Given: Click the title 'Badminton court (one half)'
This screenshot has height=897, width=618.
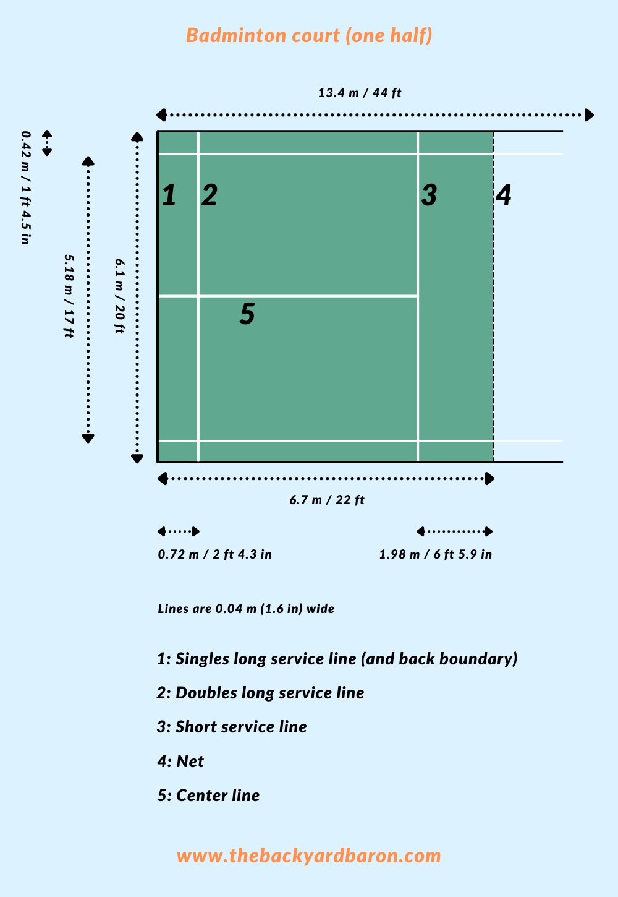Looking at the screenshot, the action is (x=309, y=36).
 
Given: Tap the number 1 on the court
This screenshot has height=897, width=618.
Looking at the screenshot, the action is (x=169, y=195).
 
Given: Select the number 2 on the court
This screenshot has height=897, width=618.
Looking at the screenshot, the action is (x=210, y=195).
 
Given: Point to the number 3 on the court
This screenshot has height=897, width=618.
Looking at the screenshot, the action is (x=429, y=195).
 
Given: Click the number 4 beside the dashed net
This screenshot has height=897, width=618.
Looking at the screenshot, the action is (x=504, y=195).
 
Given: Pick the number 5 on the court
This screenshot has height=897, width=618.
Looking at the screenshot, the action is (x=247, y=313).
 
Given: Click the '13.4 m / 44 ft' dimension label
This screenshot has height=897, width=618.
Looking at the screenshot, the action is (x=360, y=93).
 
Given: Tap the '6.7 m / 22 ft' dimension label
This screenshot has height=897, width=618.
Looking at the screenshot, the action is (x=327, y=500).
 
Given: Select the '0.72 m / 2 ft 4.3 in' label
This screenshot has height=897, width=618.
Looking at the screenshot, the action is (x=215, y=554).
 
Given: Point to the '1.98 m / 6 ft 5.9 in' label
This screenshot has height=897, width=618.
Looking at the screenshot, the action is (x=436, y=554).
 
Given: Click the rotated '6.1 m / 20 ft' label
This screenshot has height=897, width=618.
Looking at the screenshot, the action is (x=120, y=296).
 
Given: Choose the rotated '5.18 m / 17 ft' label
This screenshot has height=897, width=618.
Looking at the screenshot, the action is (x=69, y=296).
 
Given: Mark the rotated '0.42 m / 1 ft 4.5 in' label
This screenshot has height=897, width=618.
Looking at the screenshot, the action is (x=26, y=187).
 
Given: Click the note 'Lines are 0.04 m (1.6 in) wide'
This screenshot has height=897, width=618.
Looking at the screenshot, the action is (x=246, y=609).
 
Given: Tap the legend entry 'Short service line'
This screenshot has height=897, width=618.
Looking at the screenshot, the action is (x=241, y=727).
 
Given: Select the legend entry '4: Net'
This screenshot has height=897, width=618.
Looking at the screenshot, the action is (x=180, y=762).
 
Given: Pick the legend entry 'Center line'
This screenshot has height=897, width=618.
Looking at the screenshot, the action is (x=218, y=796).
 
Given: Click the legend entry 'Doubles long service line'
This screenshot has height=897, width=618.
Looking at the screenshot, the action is (x=270, y=693).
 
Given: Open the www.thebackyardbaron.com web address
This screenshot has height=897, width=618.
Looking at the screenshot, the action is (x=309, y=856).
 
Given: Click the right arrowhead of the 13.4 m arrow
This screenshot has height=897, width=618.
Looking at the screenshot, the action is (x=589, y=115).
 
